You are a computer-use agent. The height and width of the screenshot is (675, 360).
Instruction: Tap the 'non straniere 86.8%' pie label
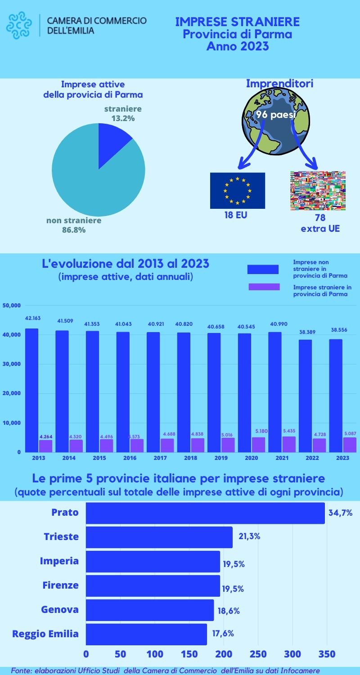pyautogui.click(x=74, y=225)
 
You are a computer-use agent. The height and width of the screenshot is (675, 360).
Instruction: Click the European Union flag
pyautogui.click(x=238, y=190)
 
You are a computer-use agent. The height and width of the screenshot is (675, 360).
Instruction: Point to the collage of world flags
pyautogui.click(x=318, y=191)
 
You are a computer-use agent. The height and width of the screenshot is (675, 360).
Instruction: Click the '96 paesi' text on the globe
pyautogui.click(x=275, y=115)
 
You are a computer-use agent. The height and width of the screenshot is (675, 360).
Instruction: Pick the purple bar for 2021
pyautogui.click(x=289, y=444)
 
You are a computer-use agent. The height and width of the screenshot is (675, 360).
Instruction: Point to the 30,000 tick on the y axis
pyautogui.click(x=12, y=364)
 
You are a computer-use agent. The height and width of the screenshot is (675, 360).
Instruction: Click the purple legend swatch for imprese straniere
pyautogui.click(x=264, y=287)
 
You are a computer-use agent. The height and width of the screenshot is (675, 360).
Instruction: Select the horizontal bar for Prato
pyautogui.click(x=205, y=513)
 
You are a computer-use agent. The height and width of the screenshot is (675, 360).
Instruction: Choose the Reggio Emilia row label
pyautogui.click(x=45, y=634)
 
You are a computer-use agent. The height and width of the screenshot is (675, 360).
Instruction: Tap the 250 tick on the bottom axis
pyautogui.click(x=258, y=654)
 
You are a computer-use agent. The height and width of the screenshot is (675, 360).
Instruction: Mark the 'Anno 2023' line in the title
pyautogui.click(x=237, y=46)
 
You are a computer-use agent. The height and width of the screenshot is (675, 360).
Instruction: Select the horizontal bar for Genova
pyautogui.click(x=150, y=610)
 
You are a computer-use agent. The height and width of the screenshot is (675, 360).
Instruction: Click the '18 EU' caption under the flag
pyautogui.click(x=236, y=215)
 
